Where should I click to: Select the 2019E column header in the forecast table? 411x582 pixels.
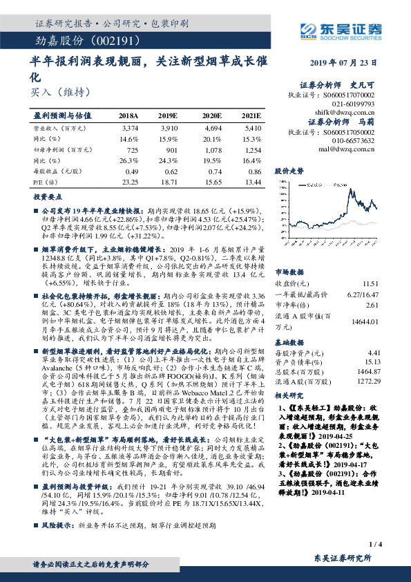167,115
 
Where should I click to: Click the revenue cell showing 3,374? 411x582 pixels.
129,128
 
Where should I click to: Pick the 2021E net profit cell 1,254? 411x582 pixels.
251,149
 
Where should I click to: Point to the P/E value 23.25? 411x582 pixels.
129,181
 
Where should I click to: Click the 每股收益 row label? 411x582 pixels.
53,171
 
